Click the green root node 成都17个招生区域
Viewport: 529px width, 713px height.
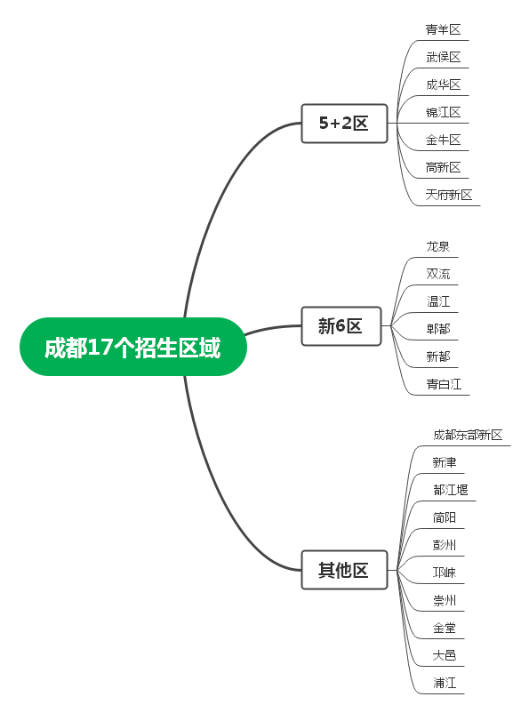pyautogui.click(x=133, y=347)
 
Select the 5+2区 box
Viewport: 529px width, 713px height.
pyautogui.click(x=344, y=124)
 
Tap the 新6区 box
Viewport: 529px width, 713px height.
pyautogui.click(x=341, y=326)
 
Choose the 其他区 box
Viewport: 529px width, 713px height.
pyautogui.click(x=344, y=570)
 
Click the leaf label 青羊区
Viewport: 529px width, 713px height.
pyautogui.click(x=443, y=29)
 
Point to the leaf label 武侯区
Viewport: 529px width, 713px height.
pyautogui.click(x=443, y=57)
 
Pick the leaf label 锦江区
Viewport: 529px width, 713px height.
pyautogui.click(x=443, y=112)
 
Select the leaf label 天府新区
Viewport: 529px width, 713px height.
pyautogui.click(x=449, y=195)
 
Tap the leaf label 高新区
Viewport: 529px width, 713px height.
pyautogui.click(x=443, y=167)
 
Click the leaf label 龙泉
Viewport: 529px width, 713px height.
pyautogui.click(x=437, y=246)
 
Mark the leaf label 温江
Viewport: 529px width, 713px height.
pyautogui.click(x=437, y=301)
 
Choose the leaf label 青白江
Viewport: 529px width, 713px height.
pyautogui.click(x=444, y=384)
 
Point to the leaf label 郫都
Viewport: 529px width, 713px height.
pyautogui.click(x=437, y=329)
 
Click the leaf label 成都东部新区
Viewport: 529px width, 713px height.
pyautogui.click(x=468, y=435)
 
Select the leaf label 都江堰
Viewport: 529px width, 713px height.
pyautogui.click(x=450, y=490)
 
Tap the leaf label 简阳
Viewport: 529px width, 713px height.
pyautogui.click(x=444, y=517)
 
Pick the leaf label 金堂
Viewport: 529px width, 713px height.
pyautogui.click(x=444, y=628)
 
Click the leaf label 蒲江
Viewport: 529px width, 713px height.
pyautogui.click(x=444, y=683)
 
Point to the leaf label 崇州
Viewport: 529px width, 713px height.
pyautogui.click(x=444, y=600)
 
